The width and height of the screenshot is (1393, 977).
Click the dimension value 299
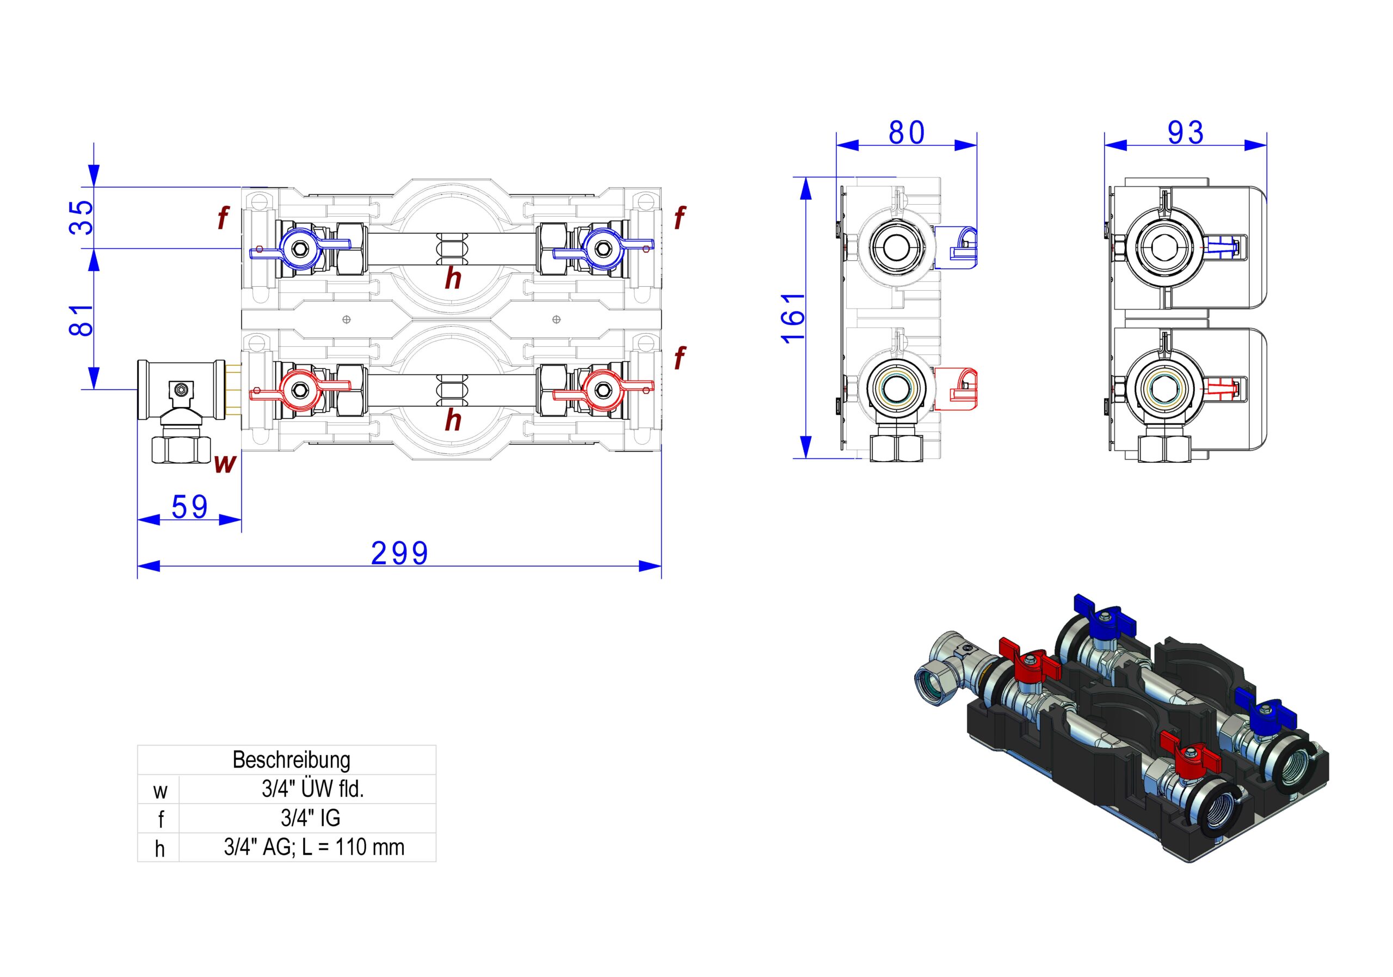pos(399,553)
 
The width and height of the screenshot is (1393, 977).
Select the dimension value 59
pos(189,507)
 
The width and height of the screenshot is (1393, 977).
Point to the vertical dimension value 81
pos(81,320)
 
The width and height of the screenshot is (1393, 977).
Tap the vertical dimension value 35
pos(81,217)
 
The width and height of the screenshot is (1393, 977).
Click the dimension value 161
pos(793,318)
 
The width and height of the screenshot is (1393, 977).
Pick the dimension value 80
pos(907,132)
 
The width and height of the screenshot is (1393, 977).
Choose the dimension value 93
pos(1186,132)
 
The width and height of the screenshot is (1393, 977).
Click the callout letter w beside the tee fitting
pos(225,464)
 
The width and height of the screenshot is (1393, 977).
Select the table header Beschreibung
pos(291,760)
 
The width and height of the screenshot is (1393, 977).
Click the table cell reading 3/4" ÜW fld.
pos(312,789)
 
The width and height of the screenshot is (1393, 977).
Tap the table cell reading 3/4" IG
pos(310,818)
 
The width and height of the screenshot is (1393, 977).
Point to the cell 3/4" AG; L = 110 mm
pos(313,847)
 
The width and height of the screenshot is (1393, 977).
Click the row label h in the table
pos(159,849)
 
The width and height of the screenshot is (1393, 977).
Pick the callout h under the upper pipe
pos(453,279)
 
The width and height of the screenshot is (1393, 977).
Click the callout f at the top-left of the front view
pos(223,217)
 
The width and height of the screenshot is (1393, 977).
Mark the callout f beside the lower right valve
pos(680,358)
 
